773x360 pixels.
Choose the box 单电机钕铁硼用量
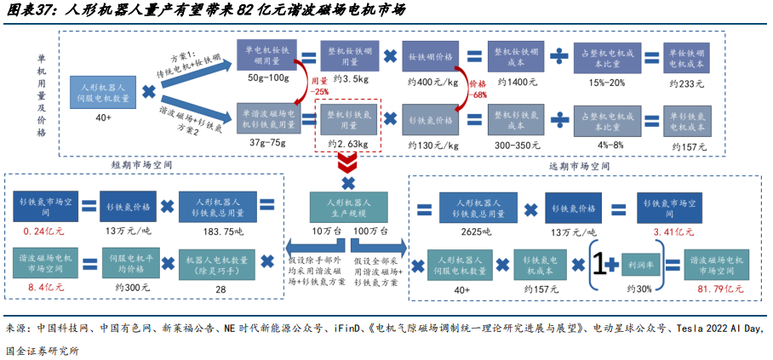click(269, 56)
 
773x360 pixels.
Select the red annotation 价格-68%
click(478, 89)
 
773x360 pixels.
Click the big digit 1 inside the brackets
click(602, 265)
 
